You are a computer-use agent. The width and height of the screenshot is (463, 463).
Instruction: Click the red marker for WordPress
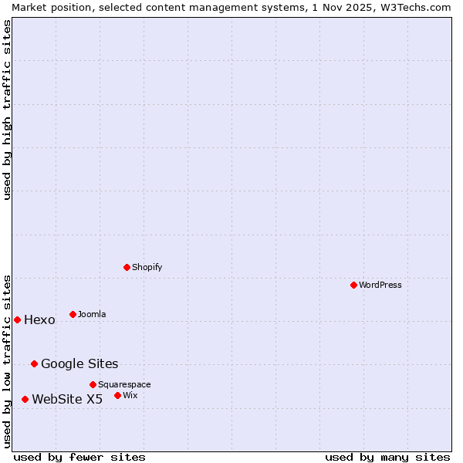353,285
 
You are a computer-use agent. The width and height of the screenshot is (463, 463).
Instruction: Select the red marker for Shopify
127,267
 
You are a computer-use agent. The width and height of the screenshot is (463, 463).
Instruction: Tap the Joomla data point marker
73,314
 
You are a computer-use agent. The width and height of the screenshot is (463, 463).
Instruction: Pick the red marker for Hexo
17,319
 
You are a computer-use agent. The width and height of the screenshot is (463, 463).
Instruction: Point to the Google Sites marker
34,363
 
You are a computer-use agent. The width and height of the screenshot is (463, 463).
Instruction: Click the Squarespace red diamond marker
93,384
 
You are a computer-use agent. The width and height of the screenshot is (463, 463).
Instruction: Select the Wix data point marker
117,395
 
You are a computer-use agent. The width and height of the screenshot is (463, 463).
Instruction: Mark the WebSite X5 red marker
25,399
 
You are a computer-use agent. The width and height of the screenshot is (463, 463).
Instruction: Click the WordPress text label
380,285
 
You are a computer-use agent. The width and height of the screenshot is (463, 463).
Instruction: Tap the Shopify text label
147,267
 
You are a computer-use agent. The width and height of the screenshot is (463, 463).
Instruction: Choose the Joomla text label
92,314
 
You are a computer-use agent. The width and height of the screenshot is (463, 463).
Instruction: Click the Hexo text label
39,320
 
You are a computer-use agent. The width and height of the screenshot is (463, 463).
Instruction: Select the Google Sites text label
79,364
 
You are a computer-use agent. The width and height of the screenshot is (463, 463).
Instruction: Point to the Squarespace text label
124,384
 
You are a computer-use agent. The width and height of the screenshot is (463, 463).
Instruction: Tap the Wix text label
130,395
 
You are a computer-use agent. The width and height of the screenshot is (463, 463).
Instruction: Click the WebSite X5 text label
67,400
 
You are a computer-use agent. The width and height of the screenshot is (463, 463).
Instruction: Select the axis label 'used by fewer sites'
79,457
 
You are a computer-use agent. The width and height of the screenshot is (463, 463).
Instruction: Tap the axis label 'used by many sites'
387,457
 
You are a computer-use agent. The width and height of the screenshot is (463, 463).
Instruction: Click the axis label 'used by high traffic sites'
7,110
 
